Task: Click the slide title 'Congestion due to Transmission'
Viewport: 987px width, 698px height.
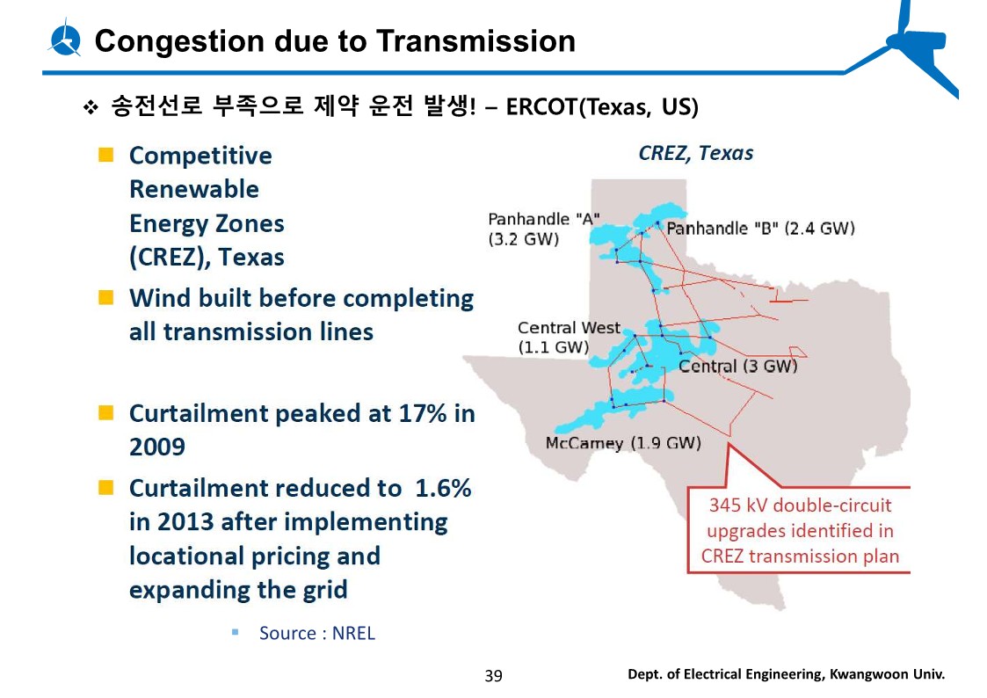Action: (335, 40)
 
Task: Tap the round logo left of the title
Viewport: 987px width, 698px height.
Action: (65, 39)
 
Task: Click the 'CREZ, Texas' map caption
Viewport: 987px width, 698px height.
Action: (695, 153)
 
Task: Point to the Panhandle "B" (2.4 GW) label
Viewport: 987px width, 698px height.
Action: (760, 228)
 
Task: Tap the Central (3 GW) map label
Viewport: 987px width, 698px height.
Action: (737, 366)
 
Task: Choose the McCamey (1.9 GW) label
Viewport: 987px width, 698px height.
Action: (623, 442)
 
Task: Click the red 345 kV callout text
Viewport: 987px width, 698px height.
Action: (800, 530)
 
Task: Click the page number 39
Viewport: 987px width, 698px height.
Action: (493, 676)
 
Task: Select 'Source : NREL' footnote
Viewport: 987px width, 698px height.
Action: (316, 633)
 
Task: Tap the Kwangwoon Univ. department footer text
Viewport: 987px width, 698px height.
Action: (786, 674)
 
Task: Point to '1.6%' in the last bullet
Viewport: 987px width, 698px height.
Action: (442, 488)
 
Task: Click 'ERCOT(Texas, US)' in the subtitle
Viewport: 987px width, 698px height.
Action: (603, 107)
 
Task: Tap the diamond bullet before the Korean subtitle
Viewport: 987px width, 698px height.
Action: (89, 108)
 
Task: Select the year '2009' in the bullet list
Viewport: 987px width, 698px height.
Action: (157, 447)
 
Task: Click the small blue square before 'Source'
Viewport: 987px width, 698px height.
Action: (235, 632)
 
